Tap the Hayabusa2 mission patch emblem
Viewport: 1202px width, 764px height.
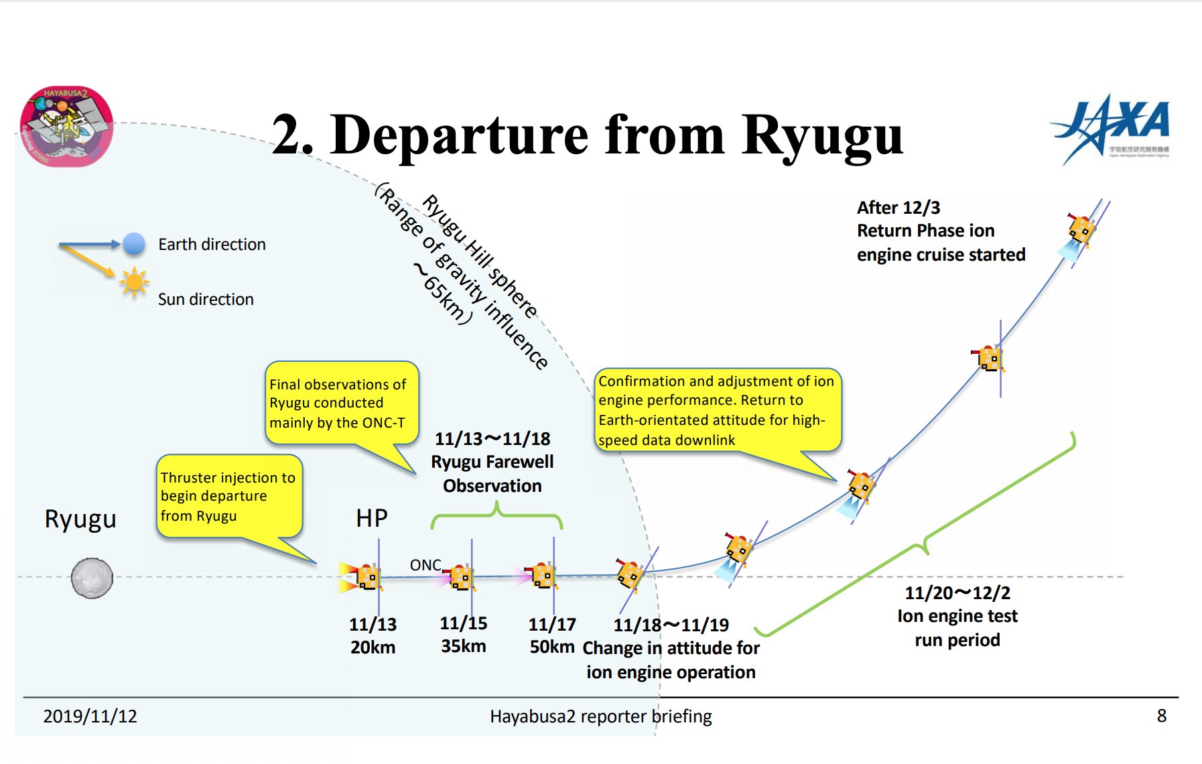(66, 125)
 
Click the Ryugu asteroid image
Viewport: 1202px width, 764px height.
(92, 578)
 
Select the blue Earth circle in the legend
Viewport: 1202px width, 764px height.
(134, 244)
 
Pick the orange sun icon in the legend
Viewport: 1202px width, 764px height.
(133, 283)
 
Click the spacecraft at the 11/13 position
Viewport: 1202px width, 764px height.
(366, 577)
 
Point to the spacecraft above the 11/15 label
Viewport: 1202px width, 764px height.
(460, 576)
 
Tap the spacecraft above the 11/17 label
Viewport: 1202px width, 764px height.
(543, 575)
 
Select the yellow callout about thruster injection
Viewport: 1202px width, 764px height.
(228, 497)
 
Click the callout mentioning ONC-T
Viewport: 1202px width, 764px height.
(341, 403)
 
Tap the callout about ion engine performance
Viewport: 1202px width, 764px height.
(716, 409)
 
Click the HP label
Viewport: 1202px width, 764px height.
(372, 518)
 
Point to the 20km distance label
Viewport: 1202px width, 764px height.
(373, 647)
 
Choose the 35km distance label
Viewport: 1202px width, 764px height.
(463, 646)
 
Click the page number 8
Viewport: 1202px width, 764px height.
(1161, 716)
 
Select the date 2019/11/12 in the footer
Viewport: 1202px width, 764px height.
(90, 716)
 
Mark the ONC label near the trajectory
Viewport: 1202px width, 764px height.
(425, 565)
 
